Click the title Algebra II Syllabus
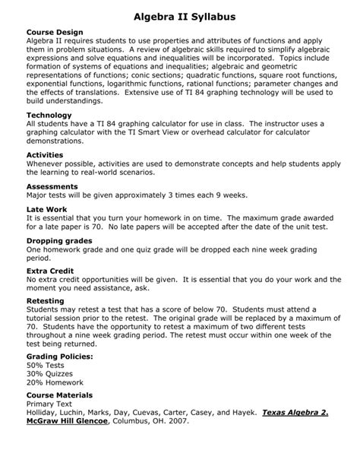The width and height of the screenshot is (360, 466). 179,15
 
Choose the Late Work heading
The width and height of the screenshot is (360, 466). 47,208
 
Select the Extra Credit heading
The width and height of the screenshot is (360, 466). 52,271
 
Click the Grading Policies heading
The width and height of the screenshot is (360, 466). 64,356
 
